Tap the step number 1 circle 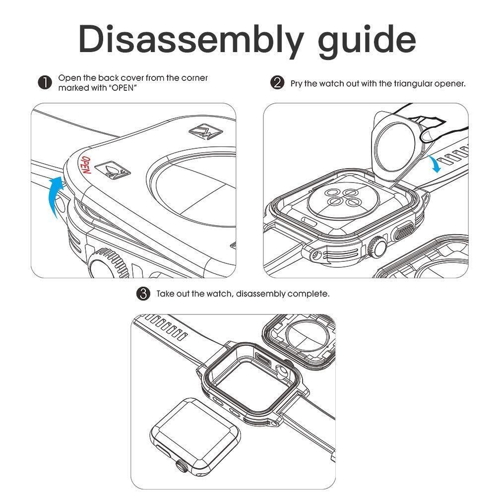(x=45, y=83)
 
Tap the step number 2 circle (x=277, y=83)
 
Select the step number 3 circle (x=143, y=294)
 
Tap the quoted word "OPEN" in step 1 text (x=123, y=88)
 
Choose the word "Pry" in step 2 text (x=296, y=83)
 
